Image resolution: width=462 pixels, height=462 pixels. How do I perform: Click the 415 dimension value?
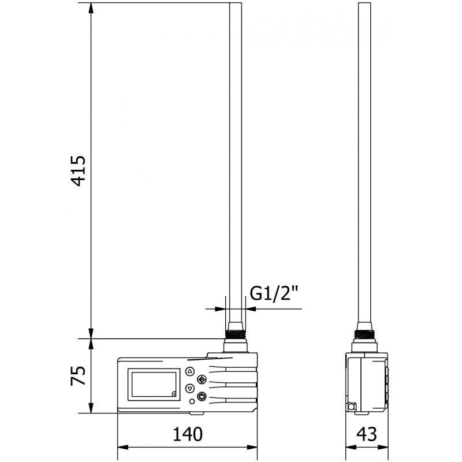(x=79, y=170)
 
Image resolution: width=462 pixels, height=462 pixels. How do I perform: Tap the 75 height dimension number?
(x=79, y=375)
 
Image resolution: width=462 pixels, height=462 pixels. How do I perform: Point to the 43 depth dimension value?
(x=368, y=434)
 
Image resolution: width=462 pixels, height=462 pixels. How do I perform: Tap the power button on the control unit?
(x=202, y=396)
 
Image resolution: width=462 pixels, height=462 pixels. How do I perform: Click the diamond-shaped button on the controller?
(x=202, y=379)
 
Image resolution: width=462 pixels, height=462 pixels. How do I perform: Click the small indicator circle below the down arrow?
(x=192, y=401)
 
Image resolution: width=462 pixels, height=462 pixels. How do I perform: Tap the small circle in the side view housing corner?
(x=351, y=407)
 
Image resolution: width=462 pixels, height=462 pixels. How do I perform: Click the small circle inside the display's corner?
(x=174, y=394)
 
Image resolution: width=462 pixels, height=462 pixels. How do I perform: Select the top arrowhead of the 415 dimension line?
(x=91, y=7)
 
